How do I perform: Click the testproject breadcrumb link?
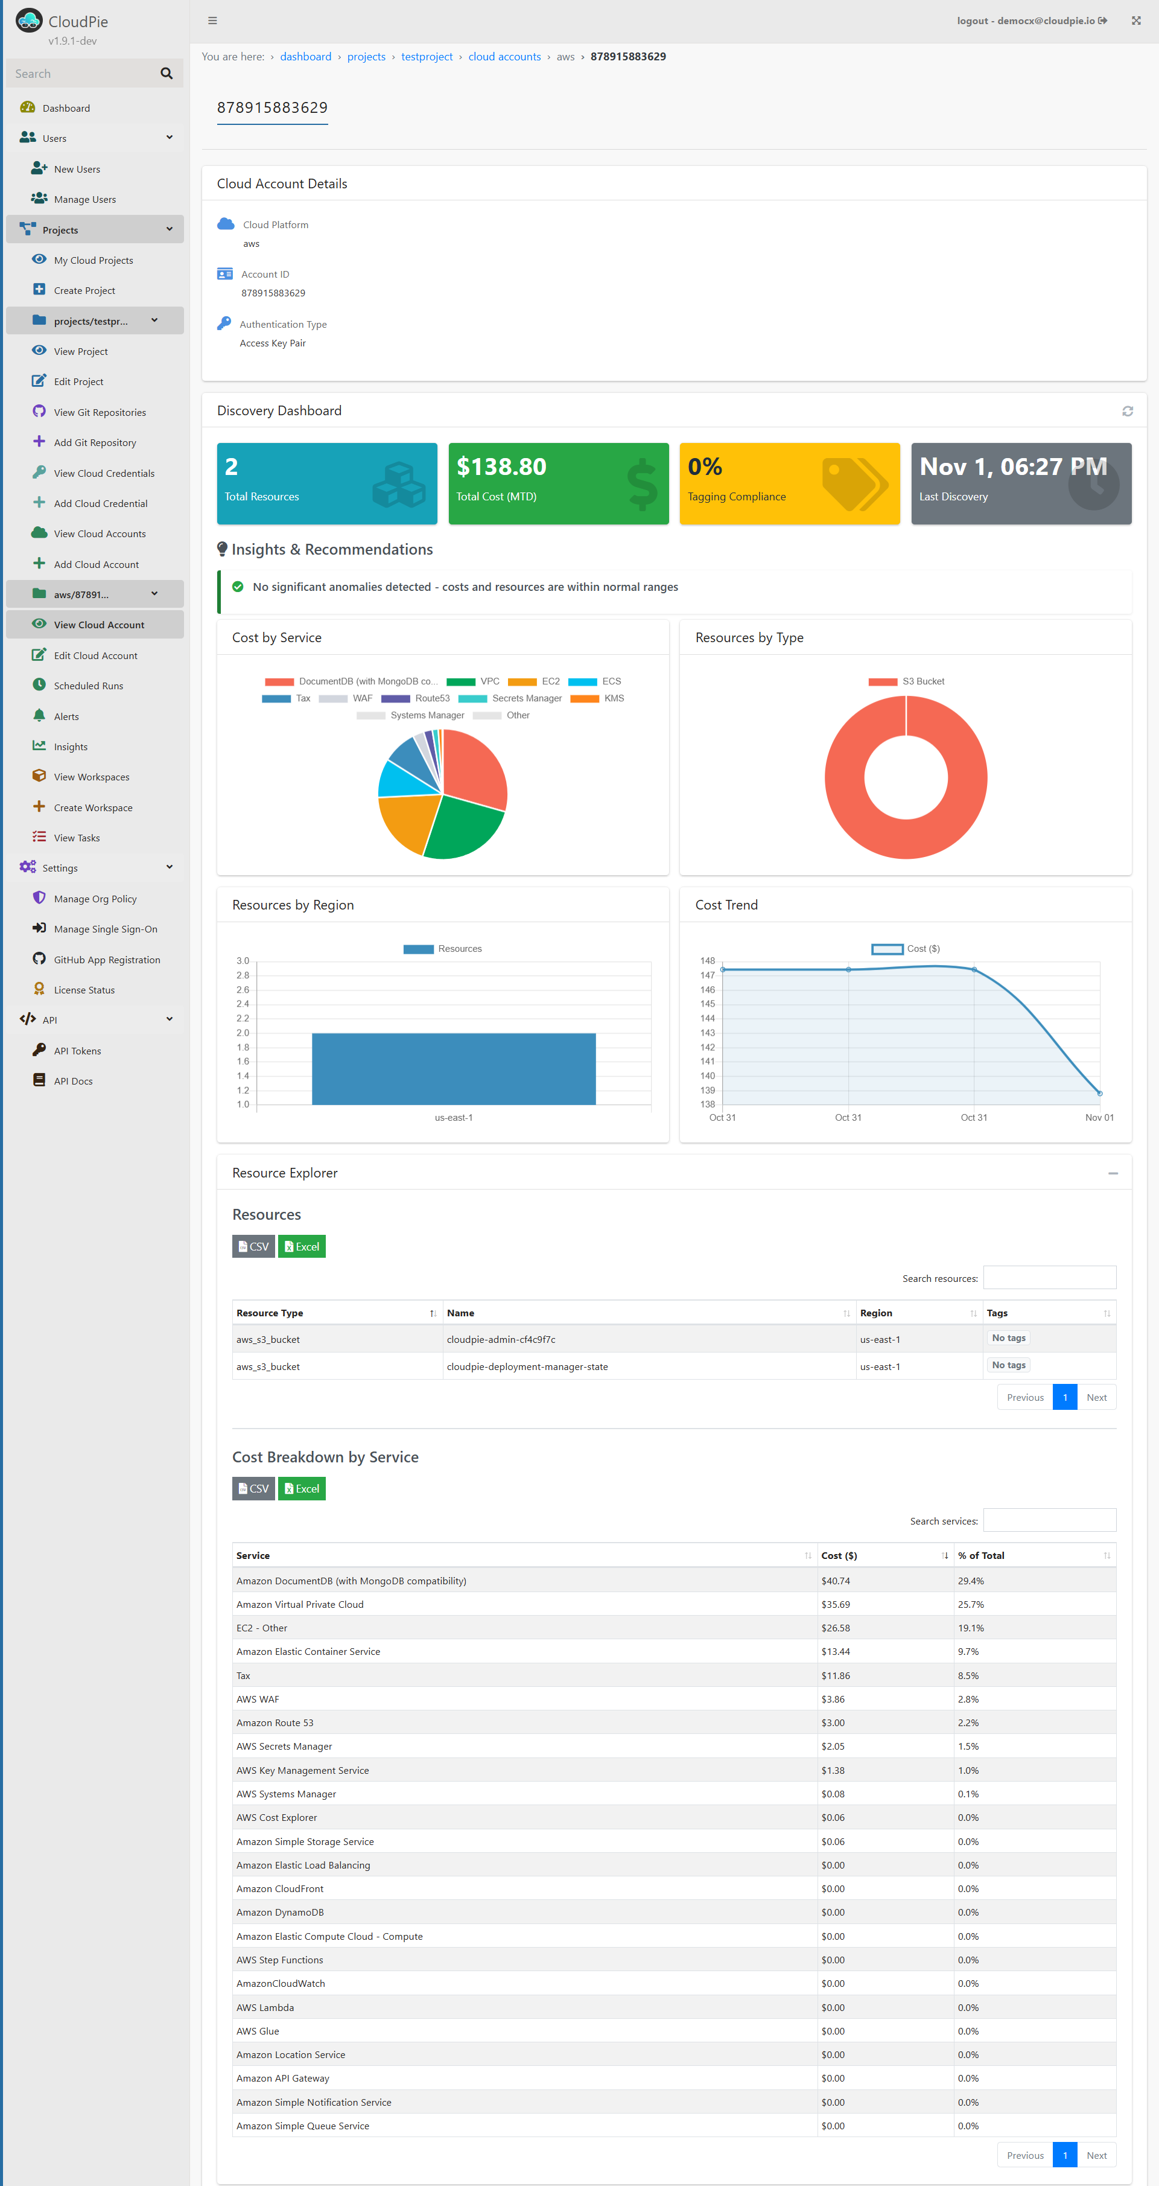pos(426,57)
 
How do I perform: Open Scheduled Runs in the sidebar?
pos(88,686)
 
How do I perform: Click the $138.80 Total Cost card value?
pos(501,467)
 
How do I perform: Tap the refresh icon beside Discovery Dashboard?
pos(1127,411)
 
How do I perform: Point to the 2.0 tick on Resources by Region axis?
pos(243,1033)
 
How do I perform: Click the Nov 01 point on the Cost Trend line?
pos(1100,1093)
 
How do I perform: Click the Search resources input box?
pos(1049,1278)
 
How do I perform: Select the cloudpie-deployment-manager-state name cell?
pos(527,1366)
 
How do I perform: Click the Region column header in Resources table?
pos(877,1313)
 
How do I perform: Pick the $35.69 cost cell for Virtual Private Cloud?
pos(835,1605)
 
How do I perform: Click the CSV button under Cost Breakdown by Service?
pos(253,1488)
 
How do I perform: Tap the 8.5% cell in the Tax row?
pos(968,1676)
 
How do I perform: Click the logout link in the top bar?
pos(973,21)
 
